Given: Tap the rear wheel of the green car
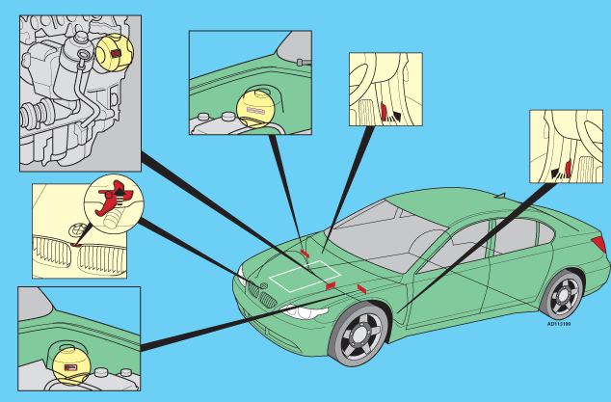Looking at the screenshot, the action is [x=562, y=295].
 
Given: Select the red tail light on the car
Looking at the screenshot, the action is [x=598, y=244].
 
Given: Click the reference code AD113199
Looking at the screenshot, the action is [x=559, y=324].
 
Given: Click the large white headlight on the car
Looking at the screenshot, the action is [x=305, y=312].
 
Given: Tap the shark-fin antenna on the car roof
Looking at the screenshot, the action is [x=500, y=196].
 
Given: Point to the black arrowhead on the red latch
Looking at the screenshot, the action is [x=121, y=193].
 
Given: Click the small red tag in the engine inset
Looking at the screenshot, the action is [x=117, y=53].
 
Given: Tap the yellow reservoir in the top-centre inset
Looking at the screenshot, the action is [x=256, y=109].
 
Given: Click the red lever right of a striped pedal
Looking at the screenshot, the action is [x=385, y=112].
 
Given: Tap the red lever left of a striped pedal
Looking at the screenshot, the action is [x=569, y=169].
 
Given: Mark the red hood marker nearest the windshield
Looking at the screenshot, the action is [x=305, y=254].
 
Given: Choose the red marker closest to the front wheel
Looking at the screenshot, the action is [x=361, y=288].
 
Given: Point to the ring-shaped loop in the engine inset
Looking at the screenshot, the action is [x=84, y=56].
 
